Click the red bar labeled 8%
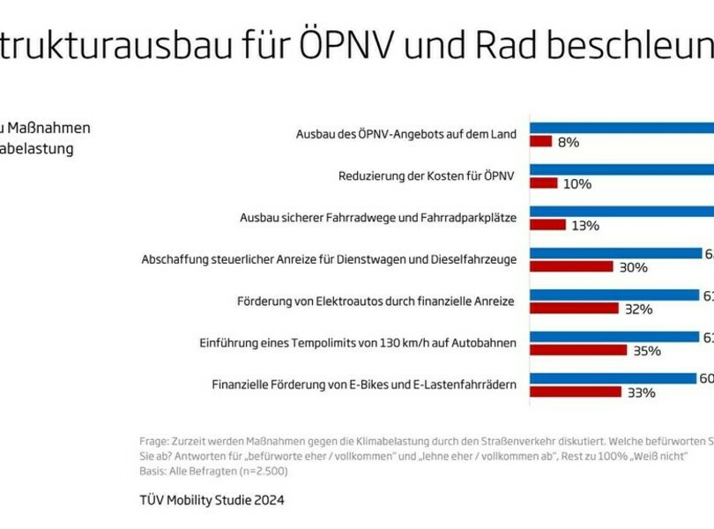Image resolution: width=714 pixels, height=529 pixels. point(540,142)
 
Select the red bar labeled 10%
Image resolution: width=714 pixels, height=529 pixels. point(543,183)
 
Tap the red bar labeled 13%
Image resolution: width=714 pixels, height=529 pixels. point(547,225)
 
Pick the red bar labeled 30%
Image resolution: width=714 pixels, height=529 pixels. point(571,266)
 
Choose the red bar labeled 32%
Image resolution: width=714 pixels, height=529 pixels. point(574,309)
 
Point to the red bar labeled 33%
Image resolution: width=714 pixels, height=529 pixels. point(576,391)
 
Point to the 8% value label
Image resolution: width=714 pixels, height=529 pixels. point(569,142)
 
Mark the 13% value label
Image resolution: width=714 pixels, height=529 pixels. point(585,226)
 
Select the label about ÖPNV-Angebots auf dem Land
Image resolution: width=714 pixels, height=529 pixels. point(406,134)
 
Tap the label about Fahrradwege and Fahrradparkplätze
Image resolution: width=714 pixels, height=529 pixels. point(378,217)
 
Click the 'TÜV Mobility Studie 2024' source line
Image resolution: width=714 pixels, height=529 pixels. point(212,500)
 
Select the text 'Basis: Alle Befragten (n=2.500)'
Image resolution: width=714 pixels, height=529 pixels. point(213,471)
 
